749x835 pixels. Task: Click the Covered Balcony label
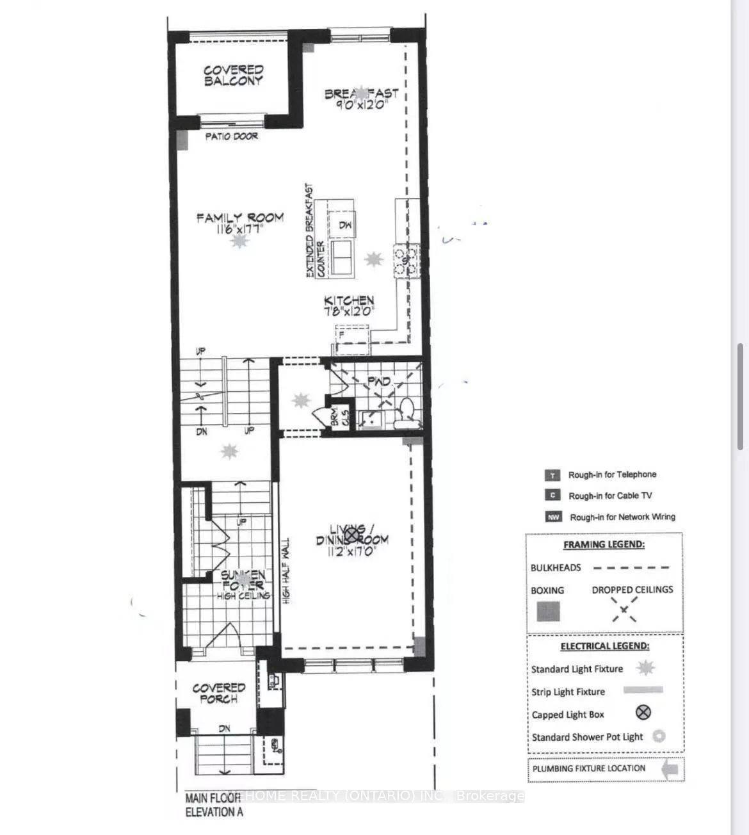click(233, 76)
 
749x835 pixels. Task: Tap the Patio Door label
click(231, 136)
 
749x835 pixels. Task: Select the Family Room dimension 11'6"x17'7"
click(240, 228)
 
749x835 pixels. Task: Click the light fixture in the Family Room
click(239, 241)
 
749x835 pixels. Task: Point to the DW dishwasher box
click(345, 225)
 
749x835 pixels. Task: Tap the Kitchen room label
click(349, 300)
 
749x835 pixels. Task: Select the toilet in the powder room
click(405, 413)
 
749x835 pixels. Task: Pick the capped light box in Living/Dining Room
click(351, 533)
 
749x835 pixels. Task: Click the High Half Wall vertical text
click(286, 570)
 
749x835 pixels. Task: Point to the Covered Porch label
click(219, 693)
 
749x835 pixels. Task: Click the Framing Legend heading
click(604, 545)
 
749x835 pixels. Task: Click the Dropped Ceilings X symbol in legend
click(624, 610)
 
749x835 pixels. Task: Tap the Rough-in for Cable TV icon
click(552, 496)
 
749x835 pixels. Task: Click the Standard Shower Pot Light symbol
click(658, 736)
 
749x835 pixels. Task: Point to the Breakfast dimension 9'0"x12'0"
click(362, 104)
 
